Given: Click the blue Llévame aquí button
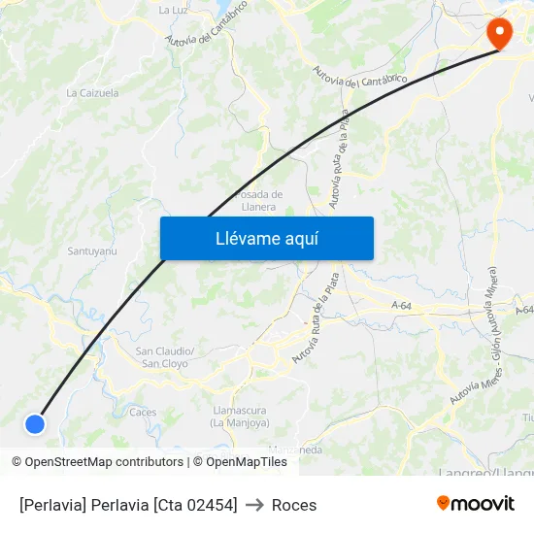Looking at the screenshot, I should point(266,238).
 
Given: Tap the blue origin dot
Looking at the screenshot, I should point(35,423).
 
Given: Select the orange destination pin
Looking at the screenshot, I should point(499,33).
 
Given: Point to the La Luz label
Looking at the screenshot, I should point(173,10).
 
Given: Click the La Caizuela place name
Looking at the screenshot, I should point(92,93).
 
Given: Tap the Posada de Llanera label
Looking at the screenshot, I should point(258,200).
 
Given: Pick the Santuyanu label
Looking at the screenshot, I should point(92,251).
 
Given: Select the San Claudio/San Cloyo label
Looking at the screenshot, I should point(165,356).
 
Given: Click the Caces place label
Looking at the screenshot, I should point(143,412).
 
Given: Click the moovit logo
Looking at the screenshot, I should point(475,503).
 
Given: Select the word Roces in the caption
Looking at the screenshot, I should point(294,505).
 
